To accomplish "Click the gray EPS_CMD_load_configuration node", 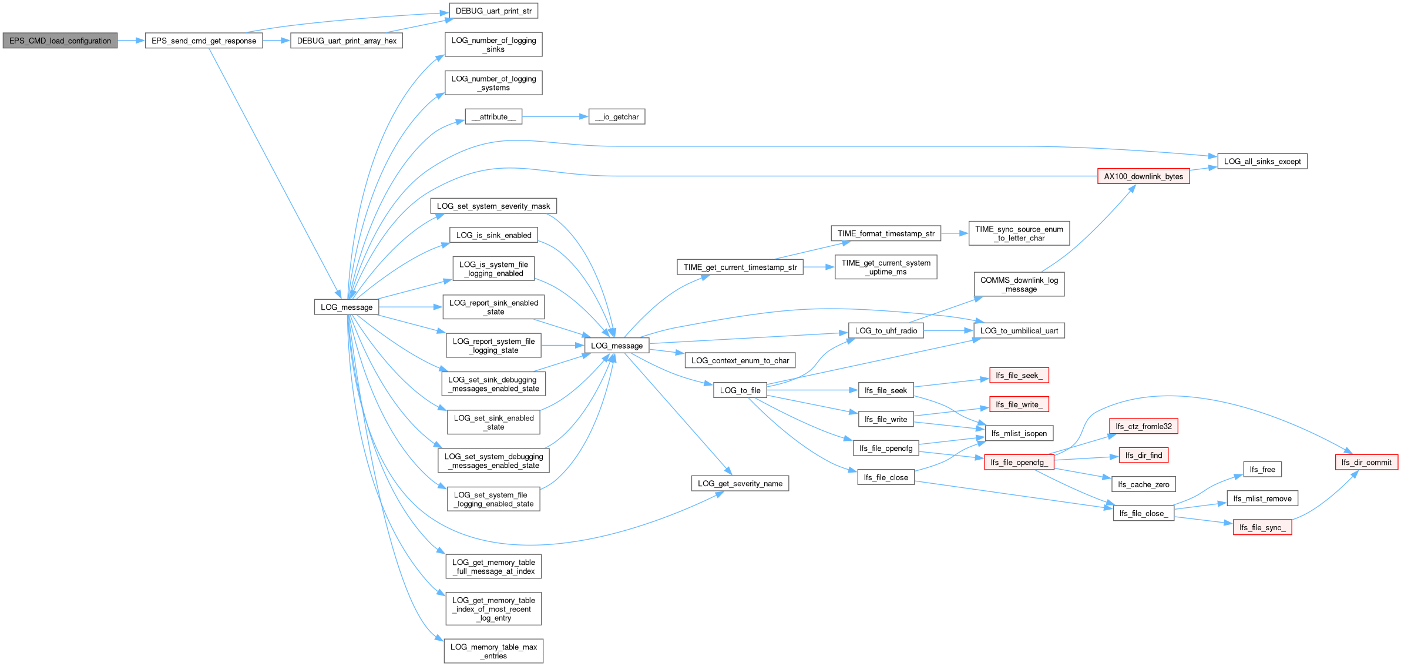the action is pos(60,41).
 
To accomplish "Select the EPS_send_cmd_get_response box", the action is pos(204,41).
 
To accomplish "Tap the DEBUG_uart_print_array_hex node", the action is pos(347,41).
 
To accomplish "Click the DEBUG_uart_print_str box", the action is pos(493,11).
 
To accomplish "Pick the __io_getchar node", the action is pos(617,116).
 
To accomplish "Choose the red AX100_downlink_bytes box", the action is pos(1144,176).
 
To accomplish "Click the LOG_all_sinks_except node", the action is pos(1262,161).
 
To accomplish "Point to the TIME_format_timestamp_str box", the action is pos(886,233).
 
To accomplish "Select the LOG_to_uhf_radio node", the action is pos(886,330).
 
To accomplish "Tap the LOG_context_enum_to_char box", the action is pos(740,360).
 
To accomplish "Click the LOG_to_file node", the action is pos(740,390).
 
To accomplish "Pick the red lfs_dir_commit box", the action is pos(1366,462).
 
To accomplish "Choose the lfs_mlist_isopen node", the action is pos(1019,433).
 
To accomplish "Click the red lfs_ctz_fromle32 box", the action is pos(1144,426).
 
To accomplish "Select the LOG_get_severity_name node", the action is pos(740,483).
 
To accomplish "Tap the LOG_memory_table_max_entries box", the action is pos(493,651).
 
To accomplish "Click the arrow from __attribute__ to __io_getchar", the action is pos(555,116).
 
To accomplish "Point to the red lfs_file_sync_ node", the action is pos(1262,527).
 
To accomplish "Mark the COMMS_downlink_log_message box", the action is pos(1019,284).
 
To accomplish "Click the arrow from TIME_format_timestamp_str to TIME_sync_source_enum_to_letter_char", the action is pos(955,233).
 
